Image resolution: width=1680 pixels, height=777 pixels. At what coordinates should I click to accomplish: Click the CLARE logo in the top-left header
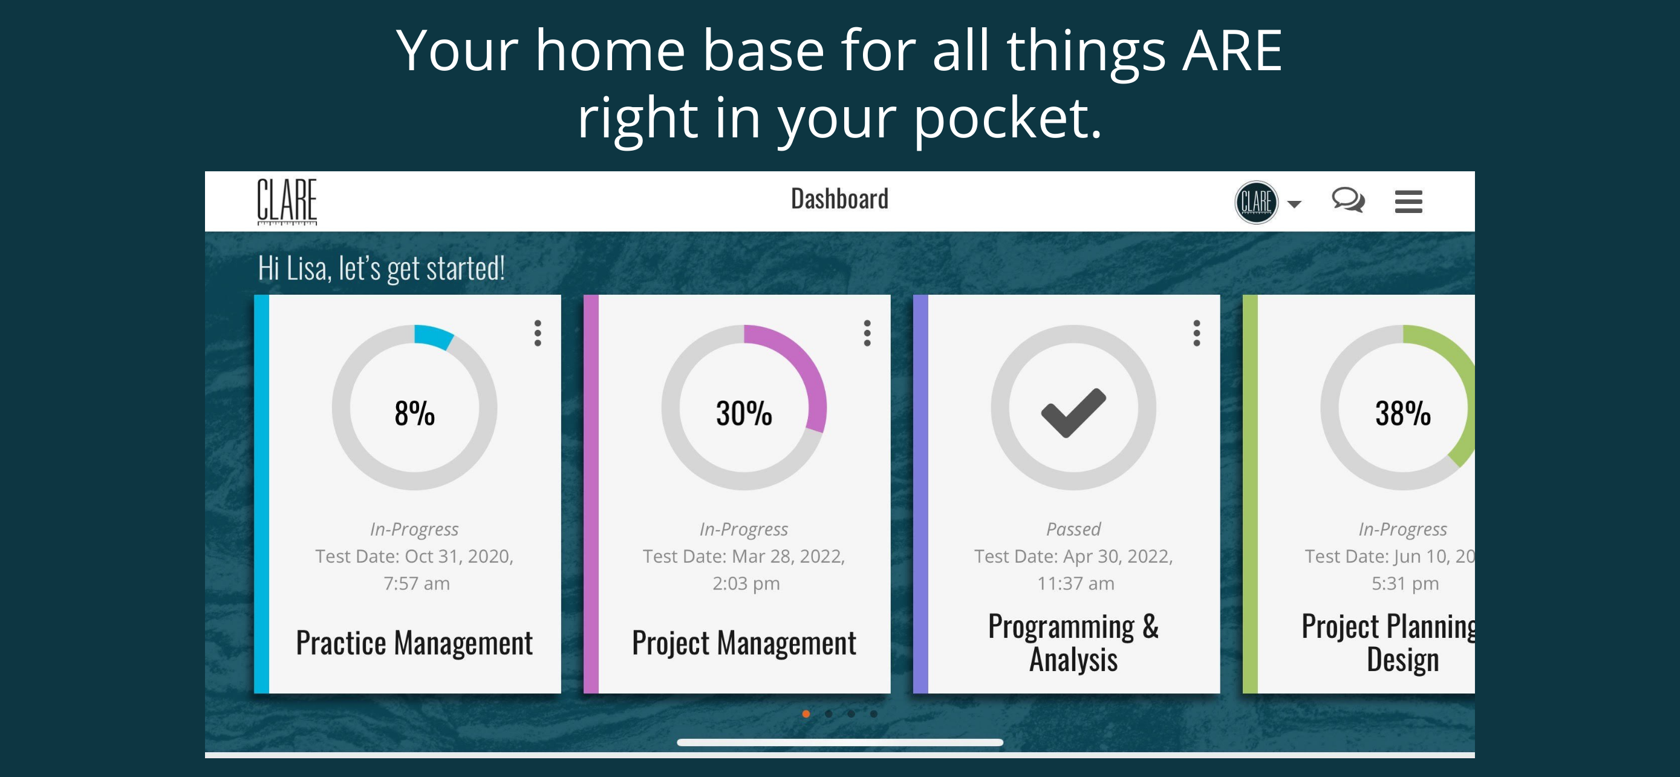coord(287,202)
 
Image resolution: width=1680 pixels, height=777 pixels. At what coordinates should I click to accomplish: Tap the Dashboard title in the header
coord(839,199)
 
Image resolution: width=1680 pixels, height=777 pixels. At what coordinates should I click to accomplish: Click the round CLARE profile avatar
coord(1256,202)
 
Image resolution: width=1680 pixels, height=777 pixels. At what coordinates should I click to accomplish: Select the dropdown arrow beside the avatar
coord(1295,204)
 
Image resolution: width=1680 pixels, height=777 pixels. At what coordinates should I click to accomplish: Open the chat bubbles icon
coord(1348,200)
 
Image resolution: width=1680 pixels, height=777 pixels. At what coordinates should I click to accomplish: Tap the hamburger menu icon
coord(1408,202)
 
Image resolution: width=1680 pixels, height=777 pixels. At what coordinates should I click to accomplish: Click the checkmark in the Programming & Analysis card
coord(1073,412)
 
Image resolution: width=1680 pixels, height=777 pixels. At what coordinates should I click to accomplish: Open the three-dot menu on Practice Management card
coord(538,333)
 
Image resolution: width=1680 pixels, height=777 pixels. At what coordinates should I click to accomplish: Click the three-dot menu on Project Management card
coord(867,333)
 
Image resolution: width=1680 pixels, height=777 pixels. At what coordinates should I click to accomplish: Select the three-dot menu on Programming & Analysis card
coord(1196,333)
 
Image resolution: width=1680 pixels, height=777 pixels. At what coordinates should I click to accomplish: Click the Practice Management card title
coord(414,643)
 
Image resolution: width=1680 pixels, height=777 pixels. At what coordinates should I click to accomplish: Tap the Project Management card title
coord(744,643)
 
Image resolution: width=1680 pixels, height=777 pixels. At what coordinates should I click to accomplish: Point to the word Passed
coord(1073,528)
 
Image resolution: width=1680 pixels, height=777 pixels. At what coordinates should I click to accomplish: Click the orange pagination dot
coord(806,713)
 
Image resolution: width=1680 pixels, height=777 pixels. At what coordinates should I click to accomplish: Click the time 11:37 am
coord(1075,583)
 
